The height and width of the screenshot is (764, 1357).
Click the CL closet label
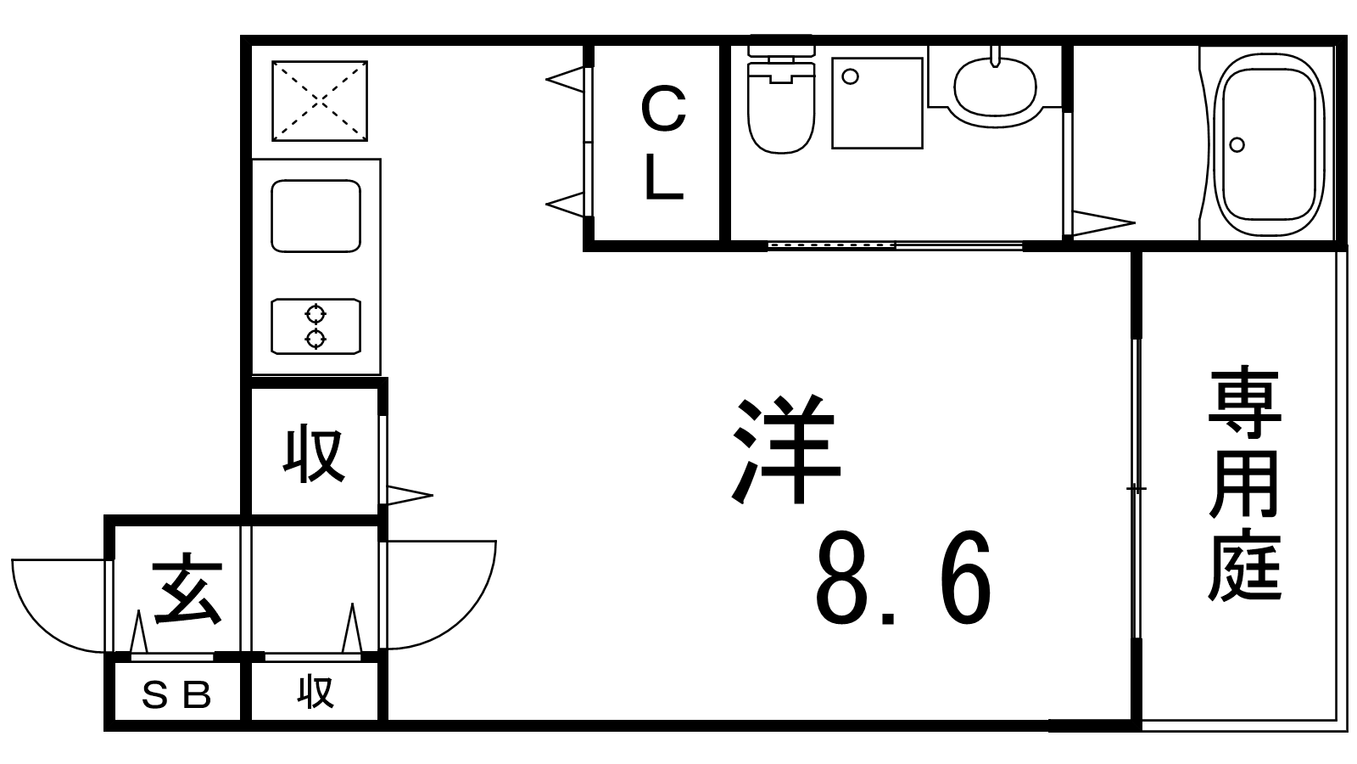tap(663, 143)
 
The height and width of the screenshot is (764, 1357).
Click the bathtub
tap(1269, 144)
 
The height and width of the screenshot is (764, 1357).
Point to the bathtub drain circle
tap(1237, 145)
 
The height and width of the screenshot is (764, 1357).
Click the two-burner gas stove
tap(316, 326)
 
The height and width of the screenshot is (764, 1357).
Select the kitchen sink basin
tap(316, 216)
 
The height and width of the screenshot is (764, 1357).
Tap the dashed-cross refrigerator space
tap(319, 101)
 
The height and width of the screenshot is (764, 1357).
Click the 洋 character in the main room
tap(785, 450)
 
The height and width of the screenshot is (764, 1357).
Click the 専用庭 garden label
tap(1244, 483)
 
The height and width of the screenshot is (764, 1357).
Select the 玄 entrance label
tap(187, 588)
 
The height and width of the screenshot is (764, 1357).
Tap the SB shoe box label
tap(176, 695)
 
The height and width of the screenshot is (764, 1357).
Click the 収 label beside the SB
tap(316, 693)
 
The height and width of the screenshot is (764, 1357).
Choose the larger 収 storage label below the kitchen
tap(315, 455)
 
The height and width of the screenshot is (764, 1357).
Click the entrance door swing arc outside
tap(59, 606)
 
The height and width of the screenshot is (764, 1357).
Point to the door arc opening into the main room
tap(442, 595)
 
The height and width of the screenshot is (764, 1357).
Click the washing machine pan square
tap(877, 103)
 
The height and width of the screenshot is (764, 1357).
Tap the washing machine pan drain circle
tap(851, 76)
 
